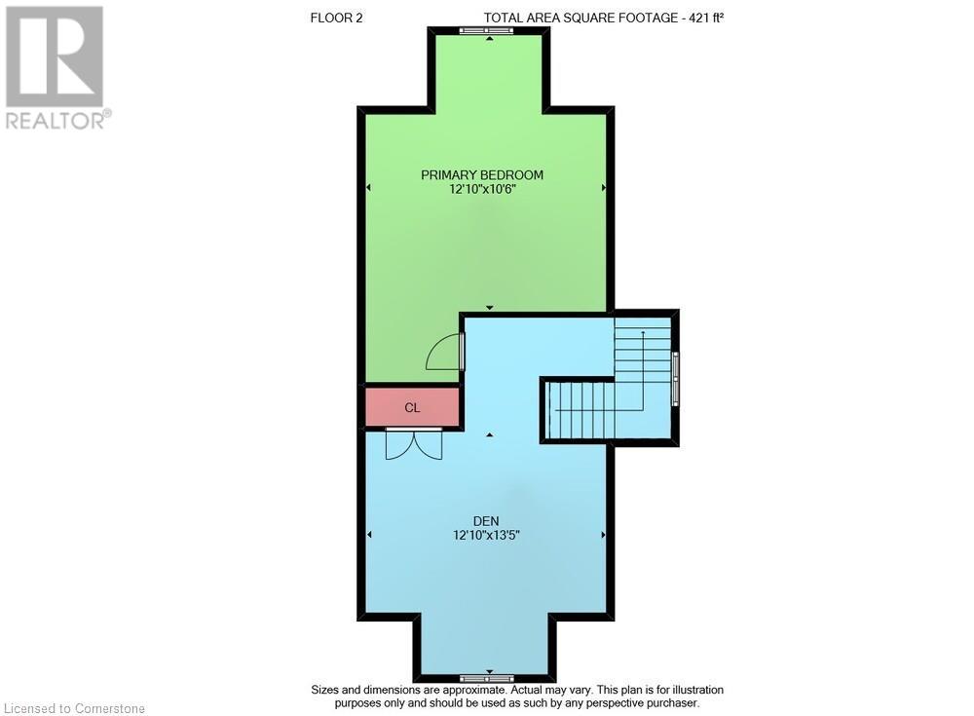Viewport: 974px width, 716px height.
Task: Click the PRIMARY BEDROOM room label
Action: point(482,175)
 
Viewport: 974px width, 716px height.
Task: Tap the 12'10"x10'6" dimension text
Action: point(482,190)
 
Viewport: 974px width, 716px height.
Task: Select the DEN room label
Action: point(484,521)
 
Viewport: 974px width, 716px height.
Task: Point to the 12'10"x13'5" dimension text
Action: point(484,535)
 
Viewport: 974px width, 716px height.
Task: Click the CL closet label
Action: point(412,407)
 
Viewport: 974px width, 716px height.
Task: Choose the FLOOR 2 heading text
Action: point(336,17)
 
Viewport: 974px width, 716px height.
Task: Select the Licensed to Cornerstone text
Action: point(75,708)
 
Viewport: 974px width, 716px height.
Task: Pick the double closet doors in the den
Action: point(414,443)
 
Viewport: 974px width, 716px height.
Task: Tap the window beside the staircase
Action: point(675,377)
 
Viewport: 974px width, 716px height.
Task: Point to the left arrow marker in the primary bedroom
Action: point(369,187)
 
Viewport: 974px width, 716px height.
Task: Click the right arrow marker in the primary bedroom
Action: point(604,187)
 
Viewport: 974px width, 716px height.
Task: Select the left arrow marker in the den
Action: point(369,535)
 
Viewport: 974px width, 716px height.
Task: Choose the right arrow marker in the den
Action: point(604,535)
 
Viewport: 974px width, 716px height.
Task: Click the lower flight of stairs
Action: point(581,410)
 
